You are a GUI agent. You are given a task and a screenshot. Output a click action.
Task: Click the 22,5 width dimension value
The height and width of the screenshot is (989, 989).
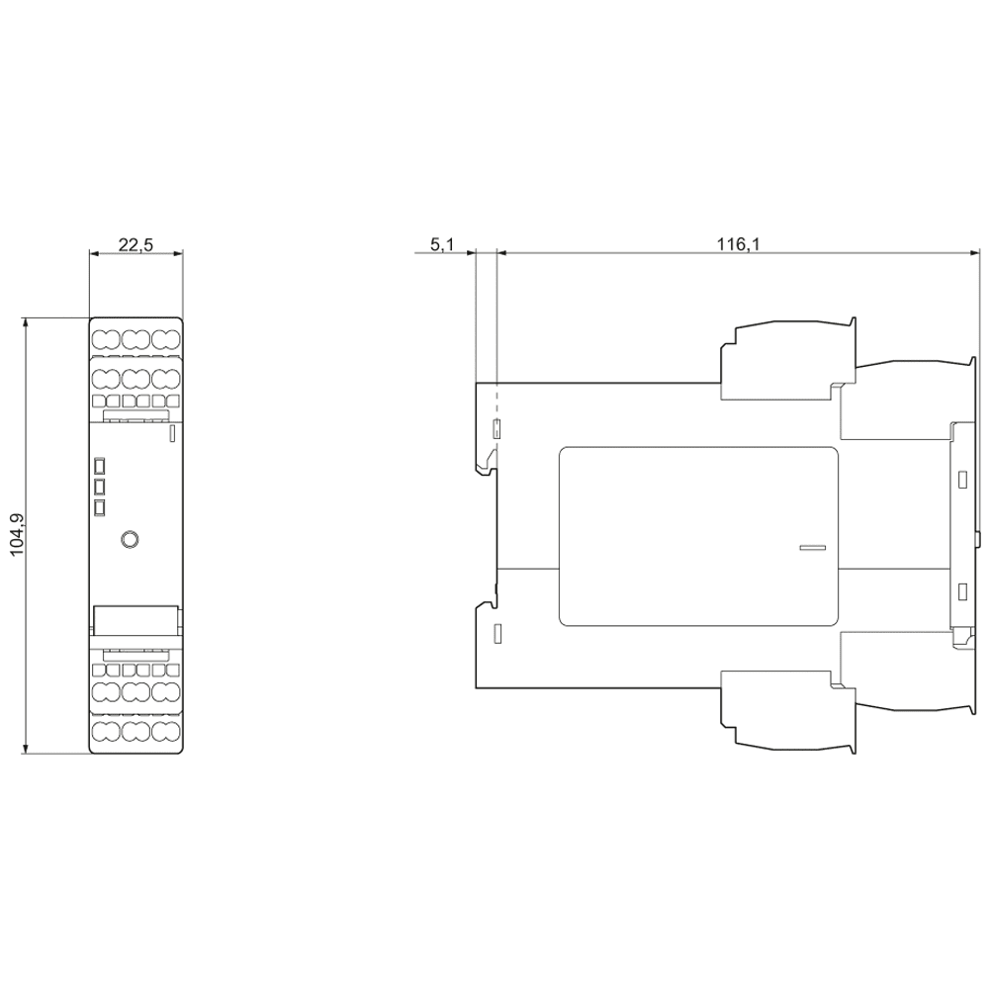[x=135, y=244]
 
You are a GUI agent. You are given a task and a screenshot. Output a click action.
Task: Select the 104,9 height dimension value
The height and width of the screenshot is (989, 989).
[x=18, y=535]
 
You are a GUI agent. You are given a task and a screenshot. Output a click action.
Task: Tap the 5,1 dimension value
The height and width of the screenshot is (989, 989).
[x=442, y=244]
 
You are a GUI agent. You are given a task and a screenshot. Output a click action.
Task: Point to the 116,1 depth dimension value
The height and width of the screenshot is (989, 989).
[x=739, y=244]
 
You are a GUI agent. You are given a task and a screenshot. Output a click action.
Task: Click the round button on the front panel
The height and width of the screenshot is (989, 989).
[x=130, y=539]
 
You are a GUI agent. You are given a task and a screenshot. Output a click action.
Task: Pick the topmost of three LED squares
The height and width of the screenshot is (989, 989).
[x=99, y=466]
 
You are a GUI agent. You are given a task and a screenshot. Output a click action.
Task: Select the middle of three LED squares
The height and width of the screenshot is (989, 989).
[x=99, y=487]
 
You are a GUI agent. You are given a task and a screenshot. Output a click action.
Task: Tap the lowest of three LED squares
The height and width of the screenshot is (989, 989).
[x=99, y=507]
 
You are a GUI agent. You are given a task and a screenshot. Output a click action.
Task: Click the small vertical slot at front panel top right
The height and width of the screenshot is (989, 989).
[x=172, y=433]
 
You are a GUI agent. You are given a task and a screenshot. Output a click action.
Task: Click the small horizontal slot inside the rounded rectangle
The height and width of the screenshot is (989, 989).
[x=813, y=547]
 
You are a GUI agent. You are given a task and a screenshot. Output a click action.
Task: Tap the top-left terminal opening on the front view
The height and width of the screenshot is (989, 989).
[x=106, y=340]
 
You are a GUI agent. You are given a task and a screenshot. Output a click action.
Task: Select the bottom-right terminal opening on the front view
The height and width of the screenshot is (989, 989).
[x=165, y=732]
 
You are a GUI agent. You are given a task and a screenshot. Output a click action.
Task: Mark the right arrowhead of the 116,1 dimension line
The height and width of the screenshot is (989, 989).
[x=974, y=253]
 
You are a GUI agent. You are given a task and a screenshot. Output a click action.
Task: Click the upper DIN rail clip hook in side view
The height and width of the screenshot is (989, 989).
[x=486, y=464]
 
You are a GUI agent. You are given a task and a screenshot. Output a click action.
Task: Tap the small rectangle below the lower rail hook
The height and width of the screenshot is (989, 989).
[x=497, y=633]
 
